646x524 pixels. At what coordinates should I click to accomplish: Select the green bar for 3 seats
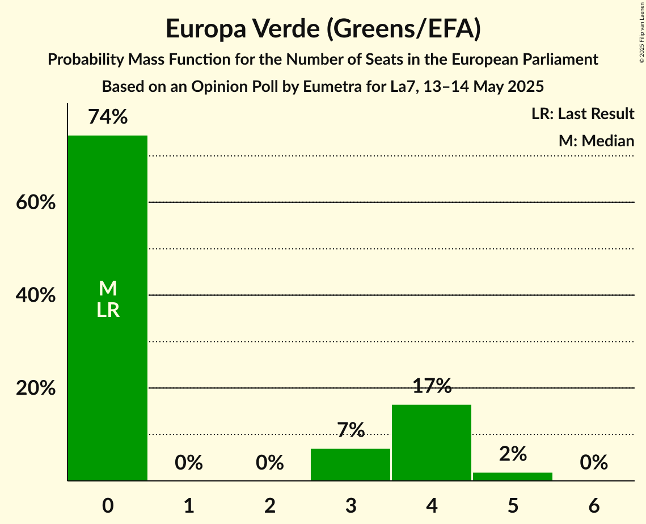(351, 464)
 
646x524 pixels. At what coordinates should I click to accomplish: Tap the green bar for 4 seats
(432, 442)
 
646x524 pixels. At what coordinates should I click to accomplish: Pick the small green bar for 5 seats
(513, 476)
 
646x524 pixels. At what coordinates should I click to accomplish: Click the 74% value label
(108, 117)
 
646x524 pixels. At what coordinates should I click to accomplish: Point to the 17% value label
(432, 387)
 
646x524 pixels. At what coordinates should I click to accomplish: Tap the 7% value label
(351, 430)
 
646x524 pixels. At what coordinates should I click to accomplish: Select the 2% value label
(513, 454)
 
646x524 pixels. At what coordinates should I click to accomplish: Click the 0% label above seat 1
(189, 463)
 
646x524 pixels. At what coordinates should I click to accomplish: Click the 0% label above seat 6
(594, 463)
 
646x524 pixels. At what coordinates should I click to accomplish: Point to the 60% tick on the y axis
(36, 202)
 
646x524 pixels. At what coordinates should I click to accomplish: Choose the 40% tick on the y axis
(36, 295)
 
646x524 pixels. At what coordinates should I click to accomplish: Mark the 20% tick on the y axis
(36, 388)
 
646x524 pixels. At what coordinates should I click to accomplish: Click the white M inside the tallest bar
(108, 289)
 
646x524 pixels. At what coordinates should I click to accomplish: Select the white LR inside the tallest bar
(108, 310)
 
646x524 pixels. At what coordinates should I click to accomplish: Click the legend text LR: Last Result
(582, 114)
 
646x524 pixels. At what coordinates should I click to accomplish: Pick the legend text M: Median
(596, 141)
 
